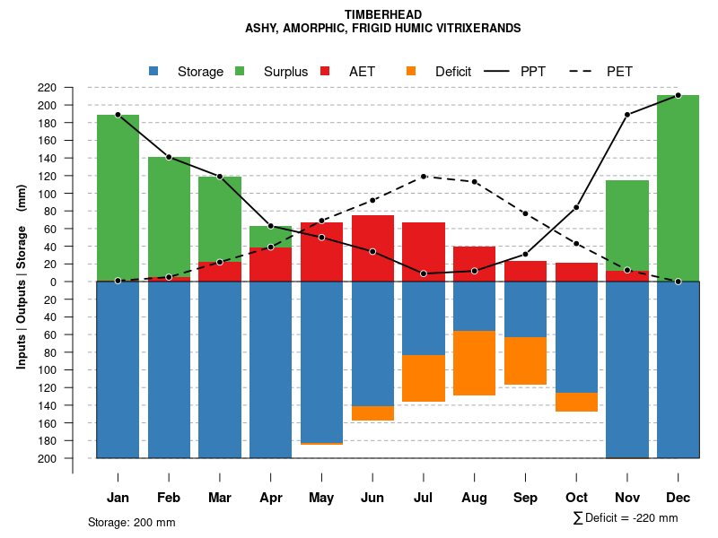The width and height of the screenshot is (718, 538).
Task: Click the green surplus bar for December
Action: [678, 188]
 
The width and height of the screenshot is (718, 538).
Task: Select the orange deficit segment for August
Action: [474, 363]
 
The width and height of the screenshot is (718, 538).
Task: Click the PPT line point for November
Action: [627, 115]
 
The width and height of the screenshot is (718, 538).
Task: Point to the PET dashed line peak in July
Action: [424, 177]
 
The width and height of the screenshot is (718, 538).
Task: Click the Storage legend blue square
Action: [154, 72]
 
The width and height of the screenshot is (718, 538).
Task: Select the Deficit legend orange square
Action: [411, 72]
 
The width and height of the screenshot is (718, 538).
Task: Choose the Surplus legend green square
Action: [241, 72]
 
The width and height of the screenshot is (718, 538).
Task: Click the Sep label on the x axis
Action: [525, 498]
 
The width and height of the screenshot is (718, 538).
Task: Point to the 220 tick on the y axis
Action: [72, 88]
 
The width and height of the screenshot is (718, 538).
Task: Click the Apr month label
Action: [271, 498]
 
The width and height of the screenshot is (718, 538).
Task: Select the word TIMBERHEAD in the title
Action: [382, 14]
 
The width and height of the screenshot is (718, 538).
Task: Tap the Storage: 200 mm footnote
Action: [132, 522]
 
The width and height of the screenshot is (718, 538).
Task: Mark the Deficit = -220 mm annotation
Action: [626, 518]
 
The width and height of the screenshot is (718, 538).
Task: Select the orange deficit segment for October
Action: [576, 402]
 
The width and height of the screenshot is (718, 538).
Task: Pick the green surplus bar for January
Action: [118, 197]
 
